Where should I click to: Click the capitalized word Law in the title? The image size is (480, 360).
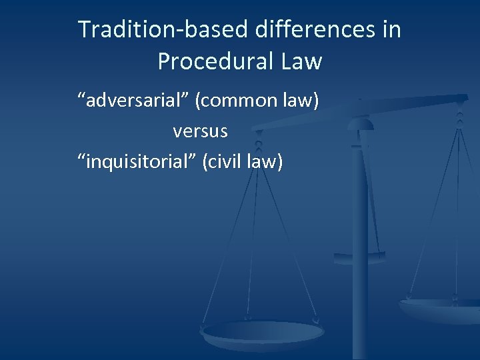[x=301, y=62]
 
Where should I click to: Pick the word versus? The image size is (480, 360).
[x=200, y=131]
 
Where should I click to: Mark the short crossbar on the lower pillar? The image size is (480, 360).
[x=360, y=255]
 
